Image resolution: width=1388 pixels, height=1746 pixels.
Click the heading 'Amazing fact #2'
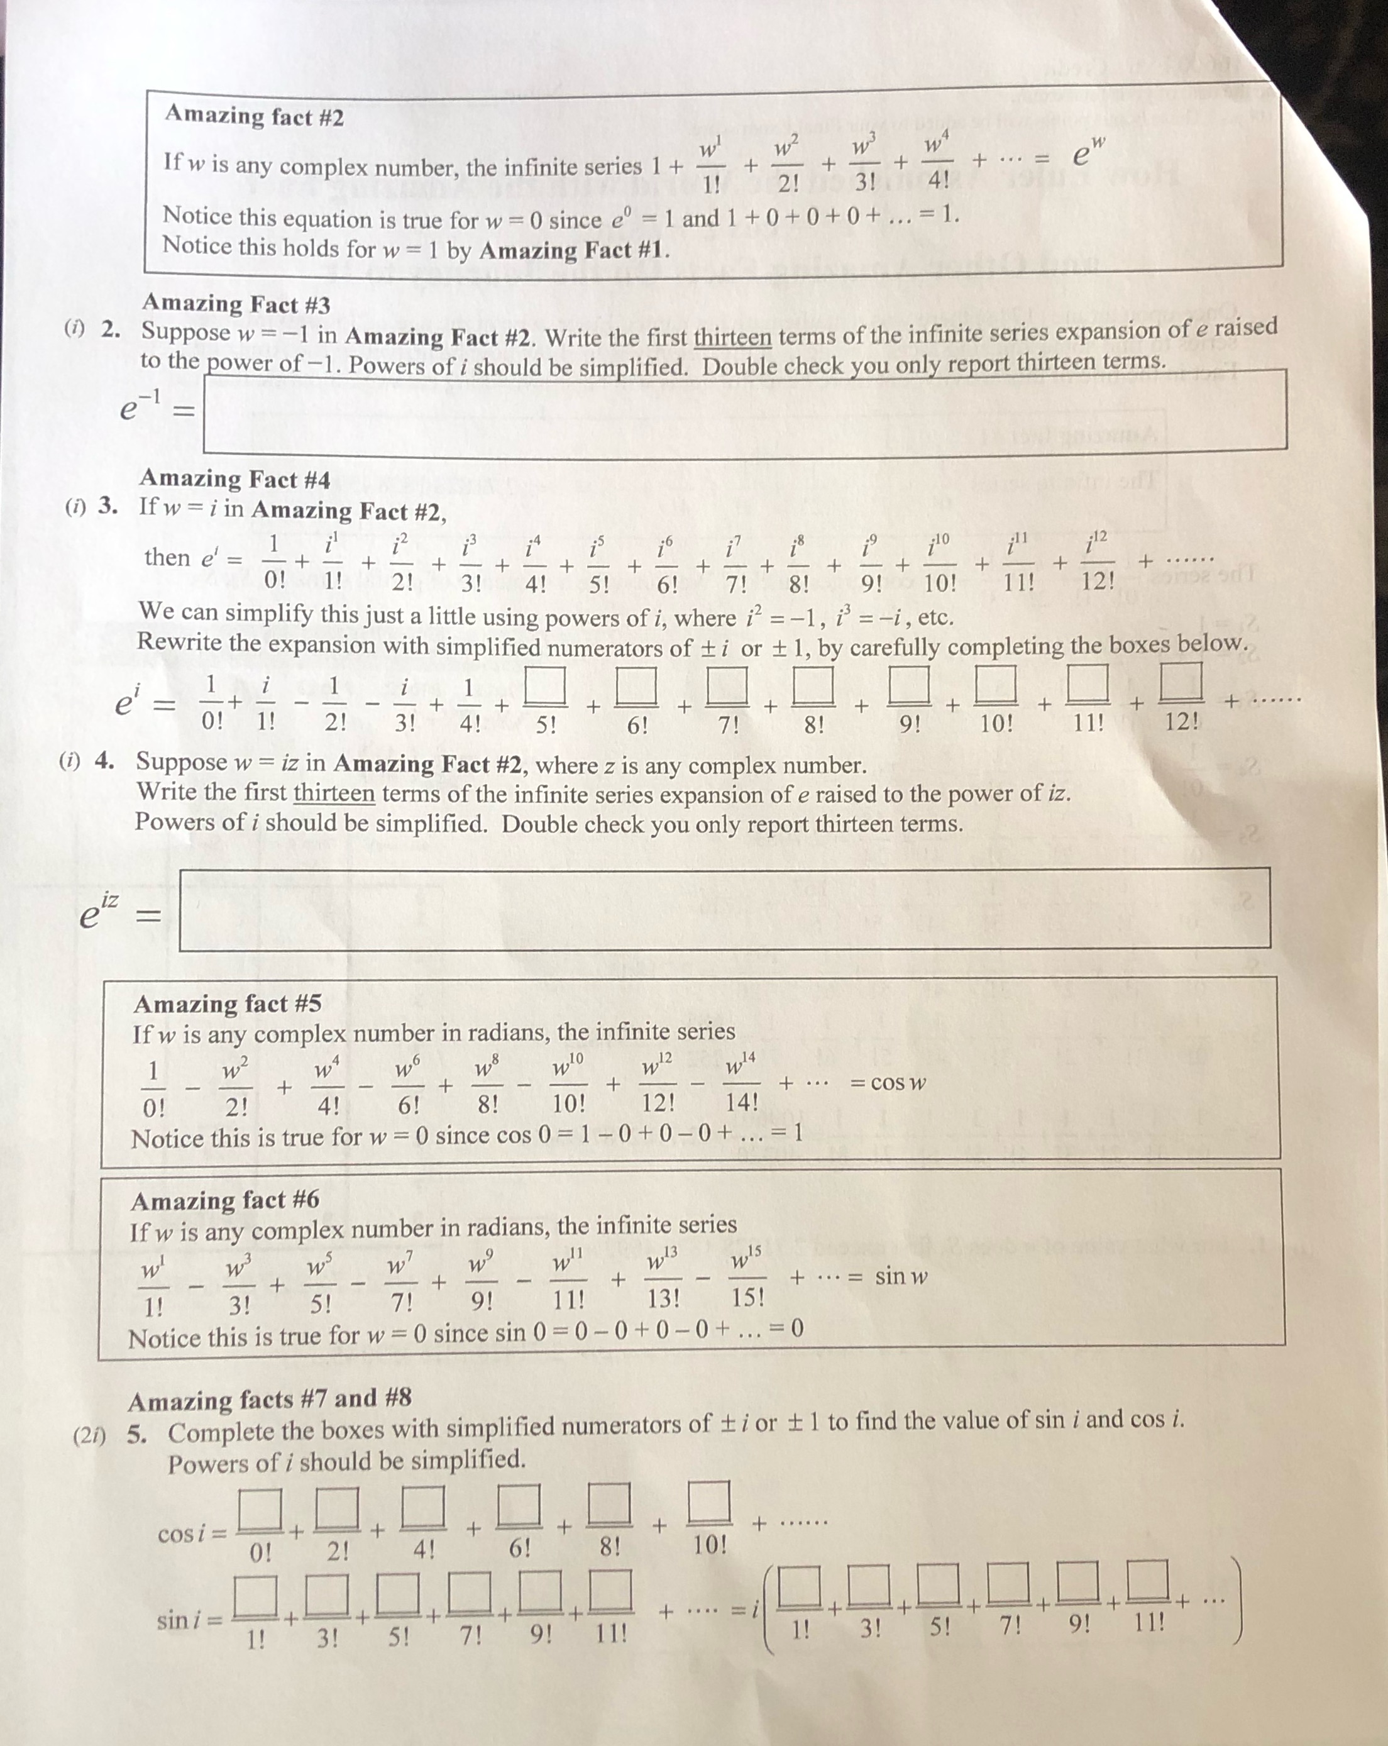point(254,116)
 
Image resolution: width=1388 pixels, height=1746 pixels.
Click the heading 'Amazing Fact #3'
point(236,304)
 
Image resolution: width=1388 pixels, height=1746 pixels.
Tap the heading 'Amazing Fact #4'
point(235,478)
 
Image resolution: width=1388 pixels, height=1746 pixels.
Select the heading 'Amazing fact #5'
point(228,1003)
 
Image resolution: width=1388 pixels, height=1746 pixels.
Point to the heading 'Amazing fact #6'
point(225,1200)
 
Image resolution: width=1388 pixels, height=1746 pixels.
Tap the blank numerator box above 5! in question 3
point(545,685)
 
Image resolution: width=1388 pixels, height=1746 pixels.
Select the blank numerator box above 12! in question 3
point(1182,681)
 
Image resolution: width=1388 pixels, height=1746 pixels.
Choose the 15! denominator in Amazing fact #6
point(747,1297)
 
